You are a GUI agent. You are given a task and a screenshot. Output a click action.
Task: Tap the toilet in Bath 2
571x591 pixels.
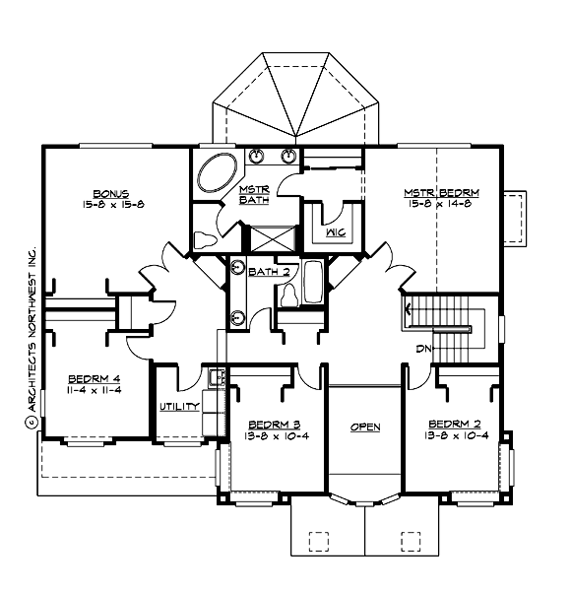click(x=289, y=293)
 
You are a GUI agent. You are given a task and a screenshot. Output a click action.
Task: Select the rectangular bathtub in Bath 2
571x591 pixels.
click(x=313, y=283)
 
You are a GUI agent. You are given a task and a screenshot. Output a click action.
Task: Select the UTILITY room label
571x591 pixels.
click(x=179, y=406)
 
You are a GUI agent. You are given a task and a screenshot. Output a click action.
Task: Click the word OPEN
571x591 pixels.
click(x=365, y=427)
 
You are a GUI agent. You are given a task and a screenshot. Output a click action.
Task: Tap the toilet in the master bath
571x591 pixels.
click(x=207, y=239)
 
